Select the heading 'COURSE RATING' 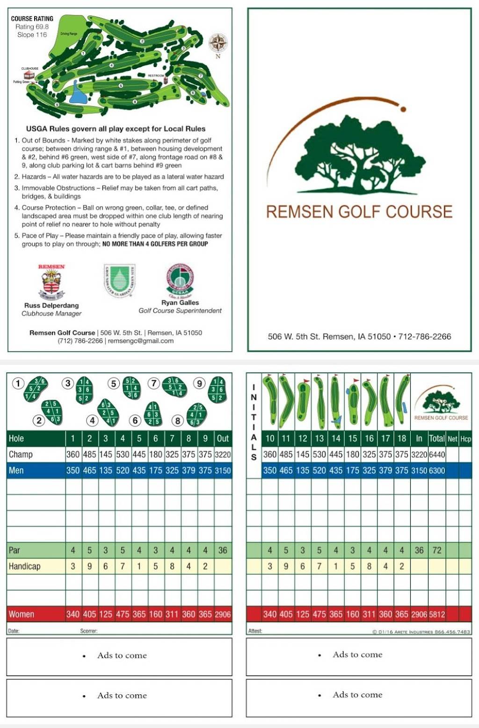(32, 19)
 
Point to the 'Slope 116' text (32, 35)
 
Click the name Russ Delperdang (51, 305)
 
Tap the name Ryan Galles (180, 303)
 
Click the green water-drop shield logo (119, 280)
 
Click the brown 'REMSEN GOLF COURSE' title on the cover (359, 212)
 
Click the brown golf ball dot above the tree (403, 109)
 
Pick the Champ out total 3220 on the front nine (223, 454)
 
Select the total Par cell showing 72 (436, 550)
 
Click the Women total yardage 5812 (436, 614)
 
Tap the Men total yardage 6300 (436, 470)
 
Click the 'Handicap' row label (24, 566)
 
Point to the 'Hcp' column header (465, 439)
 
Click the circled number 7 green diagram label (153, 383)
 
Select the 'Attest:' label (255, 631)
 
